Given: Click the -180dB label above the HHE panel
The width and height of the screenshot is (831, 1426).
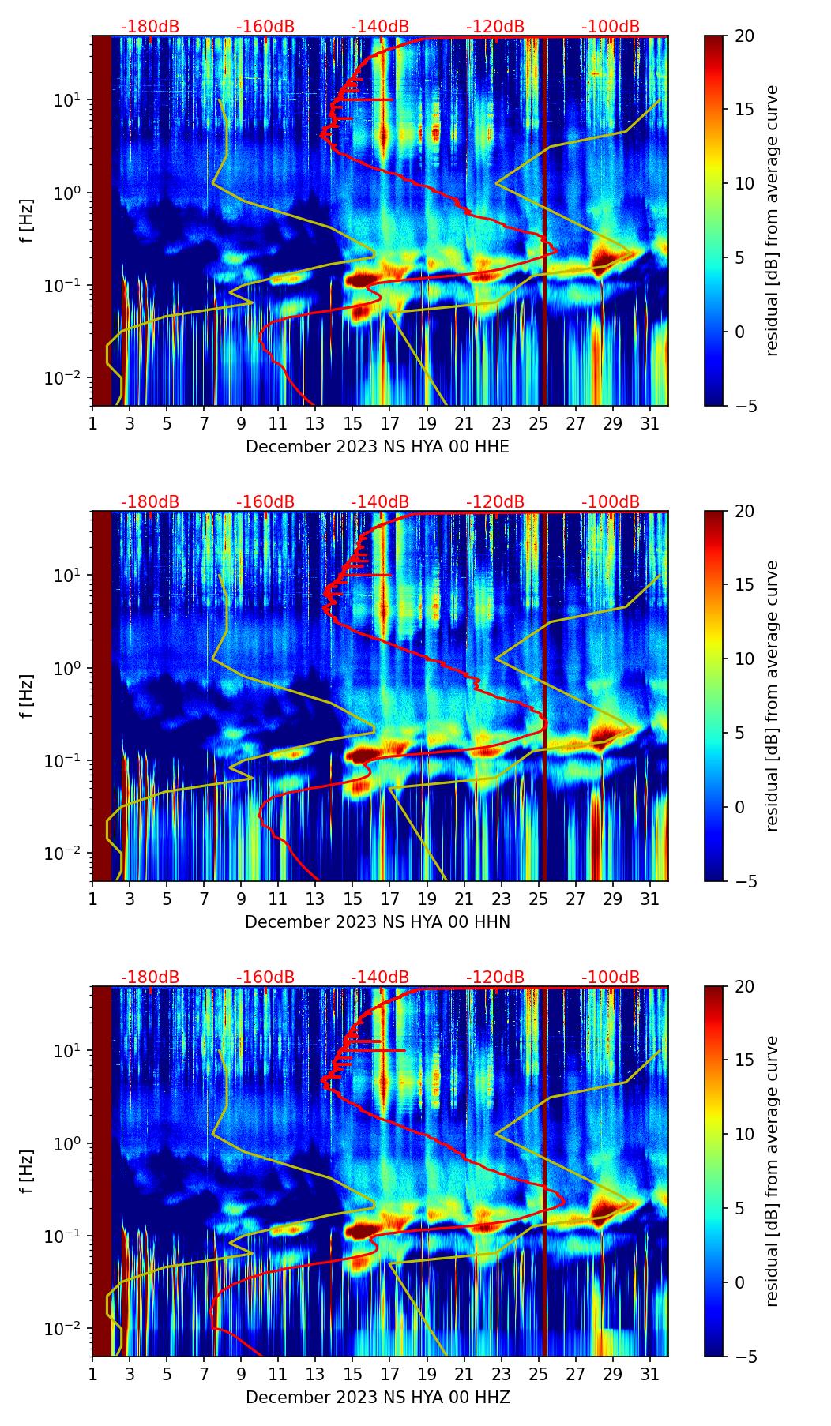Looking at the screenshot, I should [x=150, y=27].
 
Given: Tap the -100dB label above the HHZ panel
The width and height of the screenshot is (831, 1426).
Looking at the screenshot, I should [x=611, y=978].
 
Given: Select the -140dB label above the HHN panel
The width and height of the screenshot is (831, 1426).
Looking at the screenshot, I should [x=380, y=502].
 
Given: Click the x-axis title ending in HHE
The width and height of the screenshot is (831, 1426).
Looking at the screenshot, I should [x=378, y=447].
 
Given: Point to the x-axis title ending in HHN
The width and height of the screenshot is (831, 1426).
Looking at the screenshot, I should [x=378, y=922].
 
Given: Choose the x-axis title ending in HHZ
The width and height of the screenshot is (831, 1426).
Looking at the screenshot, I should [x=378, y=1398].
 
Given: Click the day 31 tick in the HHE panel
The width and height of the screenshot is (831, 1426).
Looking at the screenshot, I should [x=650, y=423].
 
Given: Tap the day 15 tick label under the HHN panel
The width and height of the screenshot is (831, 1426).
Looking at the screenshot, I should [x=352, y=899].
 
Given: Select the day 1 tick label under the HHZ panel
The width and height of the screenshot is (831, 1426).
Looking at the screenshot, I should [x=92, y=1374].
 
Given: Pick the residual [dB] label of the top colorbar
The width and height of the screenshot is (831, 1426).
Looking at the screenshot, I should [x=773, y=220].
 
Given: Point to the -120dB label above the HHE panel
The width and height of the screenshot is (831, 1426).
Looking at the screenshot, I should [x=495, y=27].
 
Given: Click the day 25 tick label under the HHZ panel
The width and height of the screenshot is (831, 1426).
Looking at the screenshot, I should [x=538, y=1374].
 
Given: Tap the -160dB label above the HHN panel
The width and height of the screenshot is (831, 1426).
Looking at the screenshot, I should [x=265, y=502].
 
